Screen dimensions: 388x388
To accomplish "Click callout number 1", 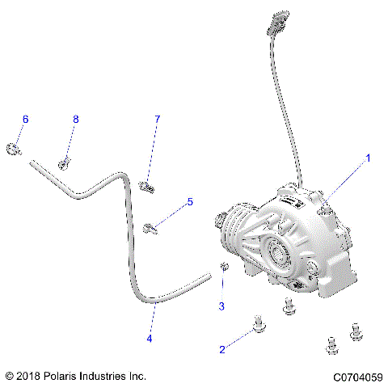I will click(369, 158).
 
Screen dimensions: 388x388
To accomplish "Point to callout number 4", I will click(150, 339).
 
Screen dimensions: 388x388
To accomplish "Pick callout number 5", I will click(190, 201).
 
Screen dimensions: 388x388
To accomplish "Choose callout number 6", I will click(25, 119).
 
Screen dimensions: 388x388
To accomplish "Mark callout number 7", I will click(158, 119).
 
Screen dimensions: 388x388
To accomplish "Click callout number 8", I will click(76, 119).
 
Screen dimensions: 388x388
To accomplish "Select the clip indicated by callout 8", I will click(62, 164).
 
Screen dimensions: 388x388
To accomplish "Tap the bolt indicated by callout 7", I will click(145, 187).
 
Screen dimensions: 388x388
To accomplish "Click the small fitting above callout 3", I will click(226, 268).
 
